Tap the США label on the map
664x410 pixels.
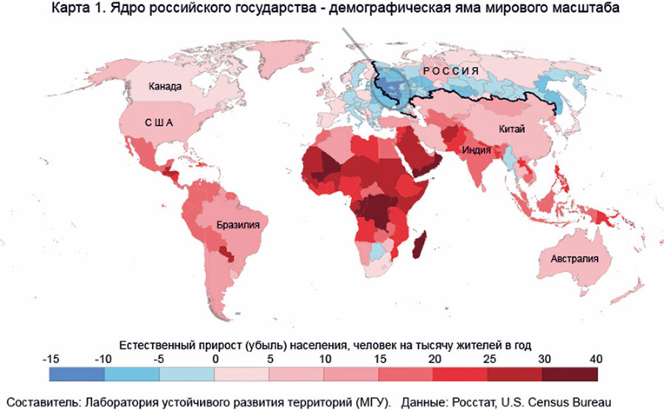click(x=157, y=124)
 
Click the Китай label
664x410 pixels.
click(x=511, y=130)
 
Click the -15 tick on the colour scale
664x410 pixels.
click(x=50, y=358)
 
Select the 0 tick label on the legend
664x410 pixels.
click(x=215, y=358)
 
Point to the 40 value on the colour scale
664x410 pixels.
click(x=595, y=358)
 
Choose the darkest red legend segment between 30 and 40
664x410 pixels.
click(x=570, y=374)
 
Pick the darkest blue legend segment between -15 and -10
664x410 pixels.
click(x=77, y=374)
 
